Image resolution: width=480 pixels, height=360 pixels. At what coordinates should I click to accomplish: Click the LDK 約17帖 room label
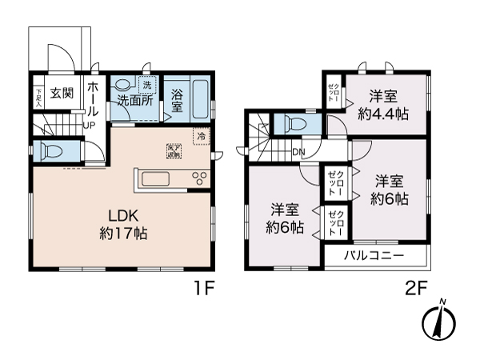[123, 225]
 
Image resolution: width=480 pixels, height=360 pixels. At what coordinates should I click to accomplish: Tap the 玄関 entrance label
[62, 93]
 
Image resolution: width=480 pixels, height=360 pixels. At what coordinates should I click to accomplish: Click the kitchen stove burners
[198, 178]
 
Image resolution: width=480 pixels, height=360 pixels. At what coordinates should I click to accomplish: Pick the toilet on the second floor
[292, 124]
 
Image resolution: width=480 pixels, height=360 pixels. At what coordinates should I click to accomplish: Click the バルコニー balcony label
[374, 256]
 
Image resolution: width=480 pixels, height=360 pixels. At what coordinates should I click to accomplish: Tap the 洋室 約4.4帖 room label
[383, 105]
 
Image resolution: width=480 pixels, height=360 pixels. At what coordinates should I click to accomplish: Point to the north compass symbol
[438, 322]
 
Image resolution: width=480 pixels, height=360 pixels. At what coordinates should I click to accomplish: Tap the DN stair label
[298, 151]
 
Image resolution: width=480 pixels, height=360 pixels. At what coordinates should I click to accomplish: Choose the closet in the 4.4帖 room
[334, 92]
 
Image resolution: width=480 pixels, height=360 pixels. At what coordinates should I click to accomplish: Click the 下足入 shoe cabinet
[38, 96]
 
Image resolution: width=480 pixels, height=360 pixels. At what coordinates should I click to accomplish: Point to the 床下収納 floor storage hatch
[173, 150]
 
